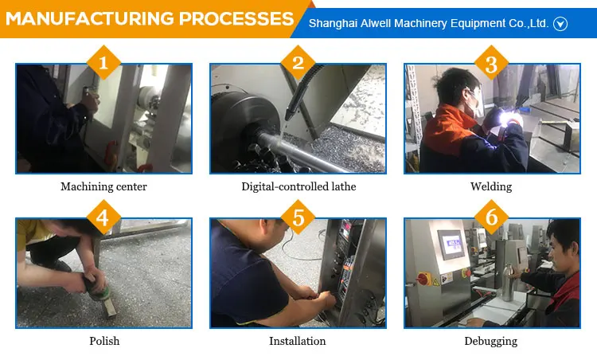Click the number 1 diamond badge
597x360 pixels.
(x=103, y=62)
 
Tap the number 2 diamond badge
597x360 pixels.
(x=298, y=62)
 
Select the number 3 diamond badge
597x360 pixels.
(x=492, y=62)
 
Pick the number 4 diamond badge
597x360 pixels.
(x=103, y=217)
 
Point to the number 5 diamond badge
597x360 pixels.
(x=298, y=217)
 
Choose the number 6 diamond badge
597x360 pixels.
(x=492, y=217)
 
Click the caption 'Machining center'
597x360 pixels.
(x=103, y=186)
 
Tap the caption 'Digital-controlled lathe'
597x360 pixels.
(x=298, y=186)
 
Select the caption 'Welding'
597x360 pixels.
(x=491, y=186)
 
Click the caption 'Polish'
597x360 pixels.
(x=104, y=341)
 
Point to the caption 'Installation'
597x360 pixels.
(x=298, y=341)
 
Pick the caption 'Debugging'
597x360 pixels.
(x=491, y=341)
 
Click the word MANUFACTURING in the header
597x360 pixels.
(x=89, y=18)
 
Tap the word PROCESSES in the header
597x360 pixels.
(x=236, y=18)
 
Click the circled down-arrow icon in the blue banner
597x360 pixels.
(x=560, y=24)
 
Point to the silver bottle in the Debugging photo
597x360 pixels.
(x=507, y=282)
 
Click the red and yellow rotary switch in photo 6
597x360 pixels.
(x=423, y=280)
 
